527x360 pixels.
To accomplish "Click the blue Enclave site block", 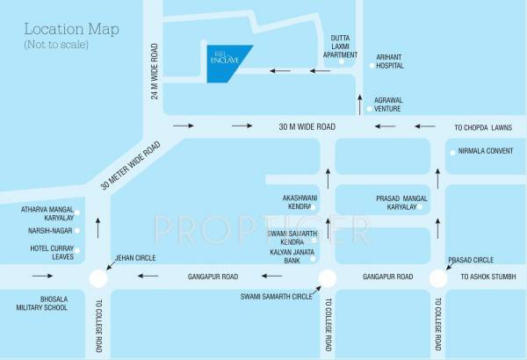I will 225,62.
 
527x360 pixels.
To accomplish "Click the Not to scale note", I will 56,44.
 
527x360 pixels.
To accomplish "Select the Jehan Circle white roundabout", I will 97,277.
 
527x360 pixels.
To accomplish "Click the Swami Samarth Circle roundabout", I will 328,277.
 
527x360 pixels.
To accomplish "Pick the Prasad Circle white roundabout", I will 438,277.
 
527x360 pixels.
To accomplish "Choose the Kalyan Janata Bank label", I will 289,257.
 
